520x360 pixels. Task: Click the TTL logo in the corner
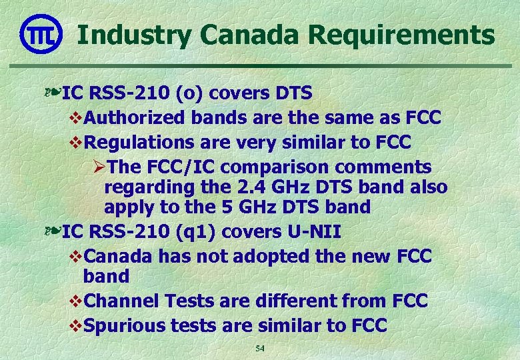point(41,33)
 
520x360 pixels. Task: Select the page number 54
point(260,349)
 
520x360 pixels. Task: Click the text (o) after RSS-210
point(175,93)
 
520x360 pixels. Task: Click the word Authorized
point(136,118)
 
